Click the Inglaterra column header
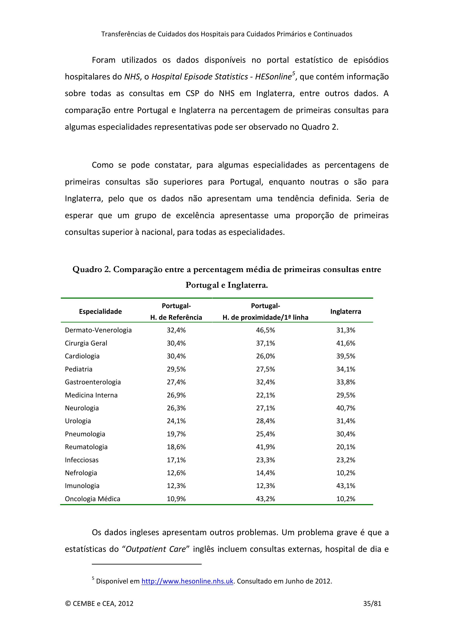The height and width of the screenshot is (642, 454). point(345,311)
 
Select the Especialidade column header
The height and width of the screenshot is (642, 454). point(100,311)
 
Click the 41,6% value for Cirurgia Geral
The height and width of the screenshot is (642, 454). point(345,343)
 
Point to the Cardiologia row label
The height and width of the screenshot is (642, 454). point(82,356)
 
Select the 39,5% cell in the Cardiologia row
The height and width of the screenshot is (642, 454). point(345,356)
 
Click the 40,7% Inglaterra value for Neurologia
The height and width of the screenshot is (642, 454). point(345,408)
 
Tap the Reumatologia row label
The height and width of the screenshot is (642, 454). point(86,447)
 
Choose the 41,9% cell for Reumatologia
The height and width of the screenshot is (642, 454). point(265,447)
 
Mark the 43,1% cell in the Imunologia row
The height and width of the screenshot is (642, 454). point(345,486)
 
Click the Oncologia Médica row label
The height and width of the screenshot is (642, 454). point(92,499)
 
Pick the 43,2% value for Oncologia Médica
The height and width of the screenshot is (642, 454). point(265,499)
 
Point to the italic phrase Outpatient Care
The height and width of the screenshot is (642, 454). point(156,549)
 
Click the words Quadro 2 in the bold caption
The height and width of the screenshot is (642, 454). point(91,269)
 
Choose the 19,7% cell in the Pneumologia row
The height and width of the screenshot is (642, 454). point(176,434)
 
